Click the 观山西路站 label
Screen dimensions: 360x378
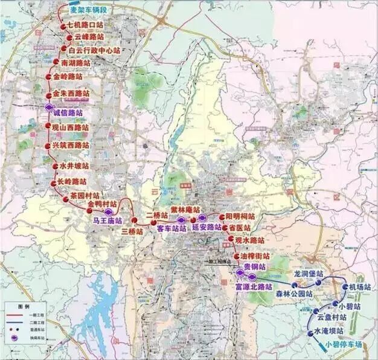tap(70, 128)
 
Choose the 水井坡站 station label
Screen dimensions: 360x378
tap(74, 166)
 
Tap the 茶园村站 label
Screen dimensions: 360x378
tap(85, 196)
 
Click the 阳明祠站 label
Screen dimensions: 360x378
tap(240, 216)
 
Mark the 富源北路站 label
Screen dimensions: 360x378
tap(254, 287)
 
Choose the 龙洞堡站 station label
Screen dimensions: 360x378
tap(309, 274)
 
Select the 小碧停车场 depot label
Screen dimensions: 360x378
tap(344, 344)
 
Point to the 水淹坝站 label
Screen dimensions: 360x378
tap(331, 332)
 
